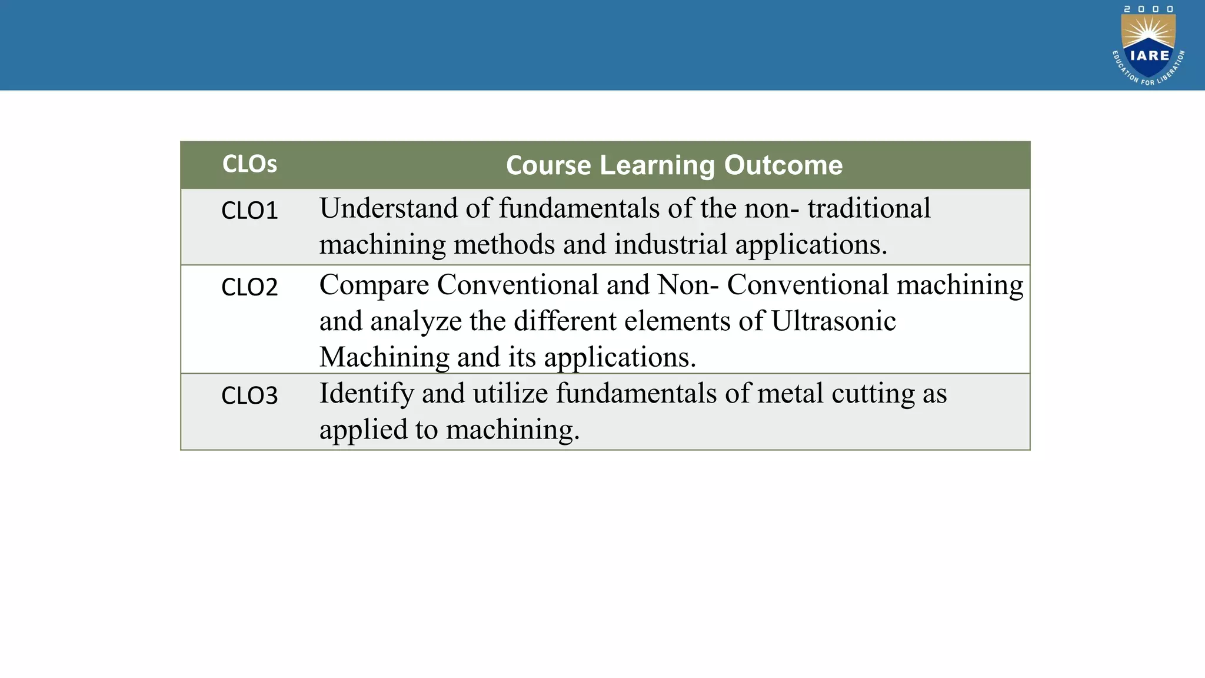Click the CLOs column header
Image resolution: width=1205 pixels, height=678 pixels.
[249, 164]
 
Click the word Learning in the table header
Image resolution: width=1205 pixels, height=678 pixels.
[657, 165]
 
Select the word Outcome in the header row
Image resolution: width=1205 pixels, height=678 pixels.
[783, 165]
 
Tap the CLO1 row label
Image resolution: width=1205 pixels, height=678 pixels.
[249, 211]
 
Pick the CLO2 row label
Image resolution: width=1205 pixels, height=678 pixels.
[249, 287]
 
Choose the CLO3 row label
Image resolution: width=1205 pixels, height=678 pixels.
[249, 395]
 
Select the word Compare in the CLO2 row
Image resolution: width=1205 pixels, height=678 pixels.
[374, 285]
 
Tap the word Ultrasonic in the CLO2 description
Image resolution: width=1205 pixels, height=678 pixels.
[833, 321]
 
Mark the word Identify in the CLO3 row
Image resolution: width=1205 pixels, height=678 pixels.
[367, 394]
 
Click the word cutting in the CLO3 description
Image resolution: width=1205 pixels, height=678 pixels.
[873, 394]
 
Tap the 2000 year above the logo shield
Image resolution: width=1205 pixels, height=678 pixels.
[1149, 9]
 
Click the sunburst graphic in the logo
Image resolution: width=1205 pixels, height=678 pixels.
[1149, 32]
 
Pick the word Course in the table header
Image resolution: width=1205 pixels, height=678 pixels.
[548, 165]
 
